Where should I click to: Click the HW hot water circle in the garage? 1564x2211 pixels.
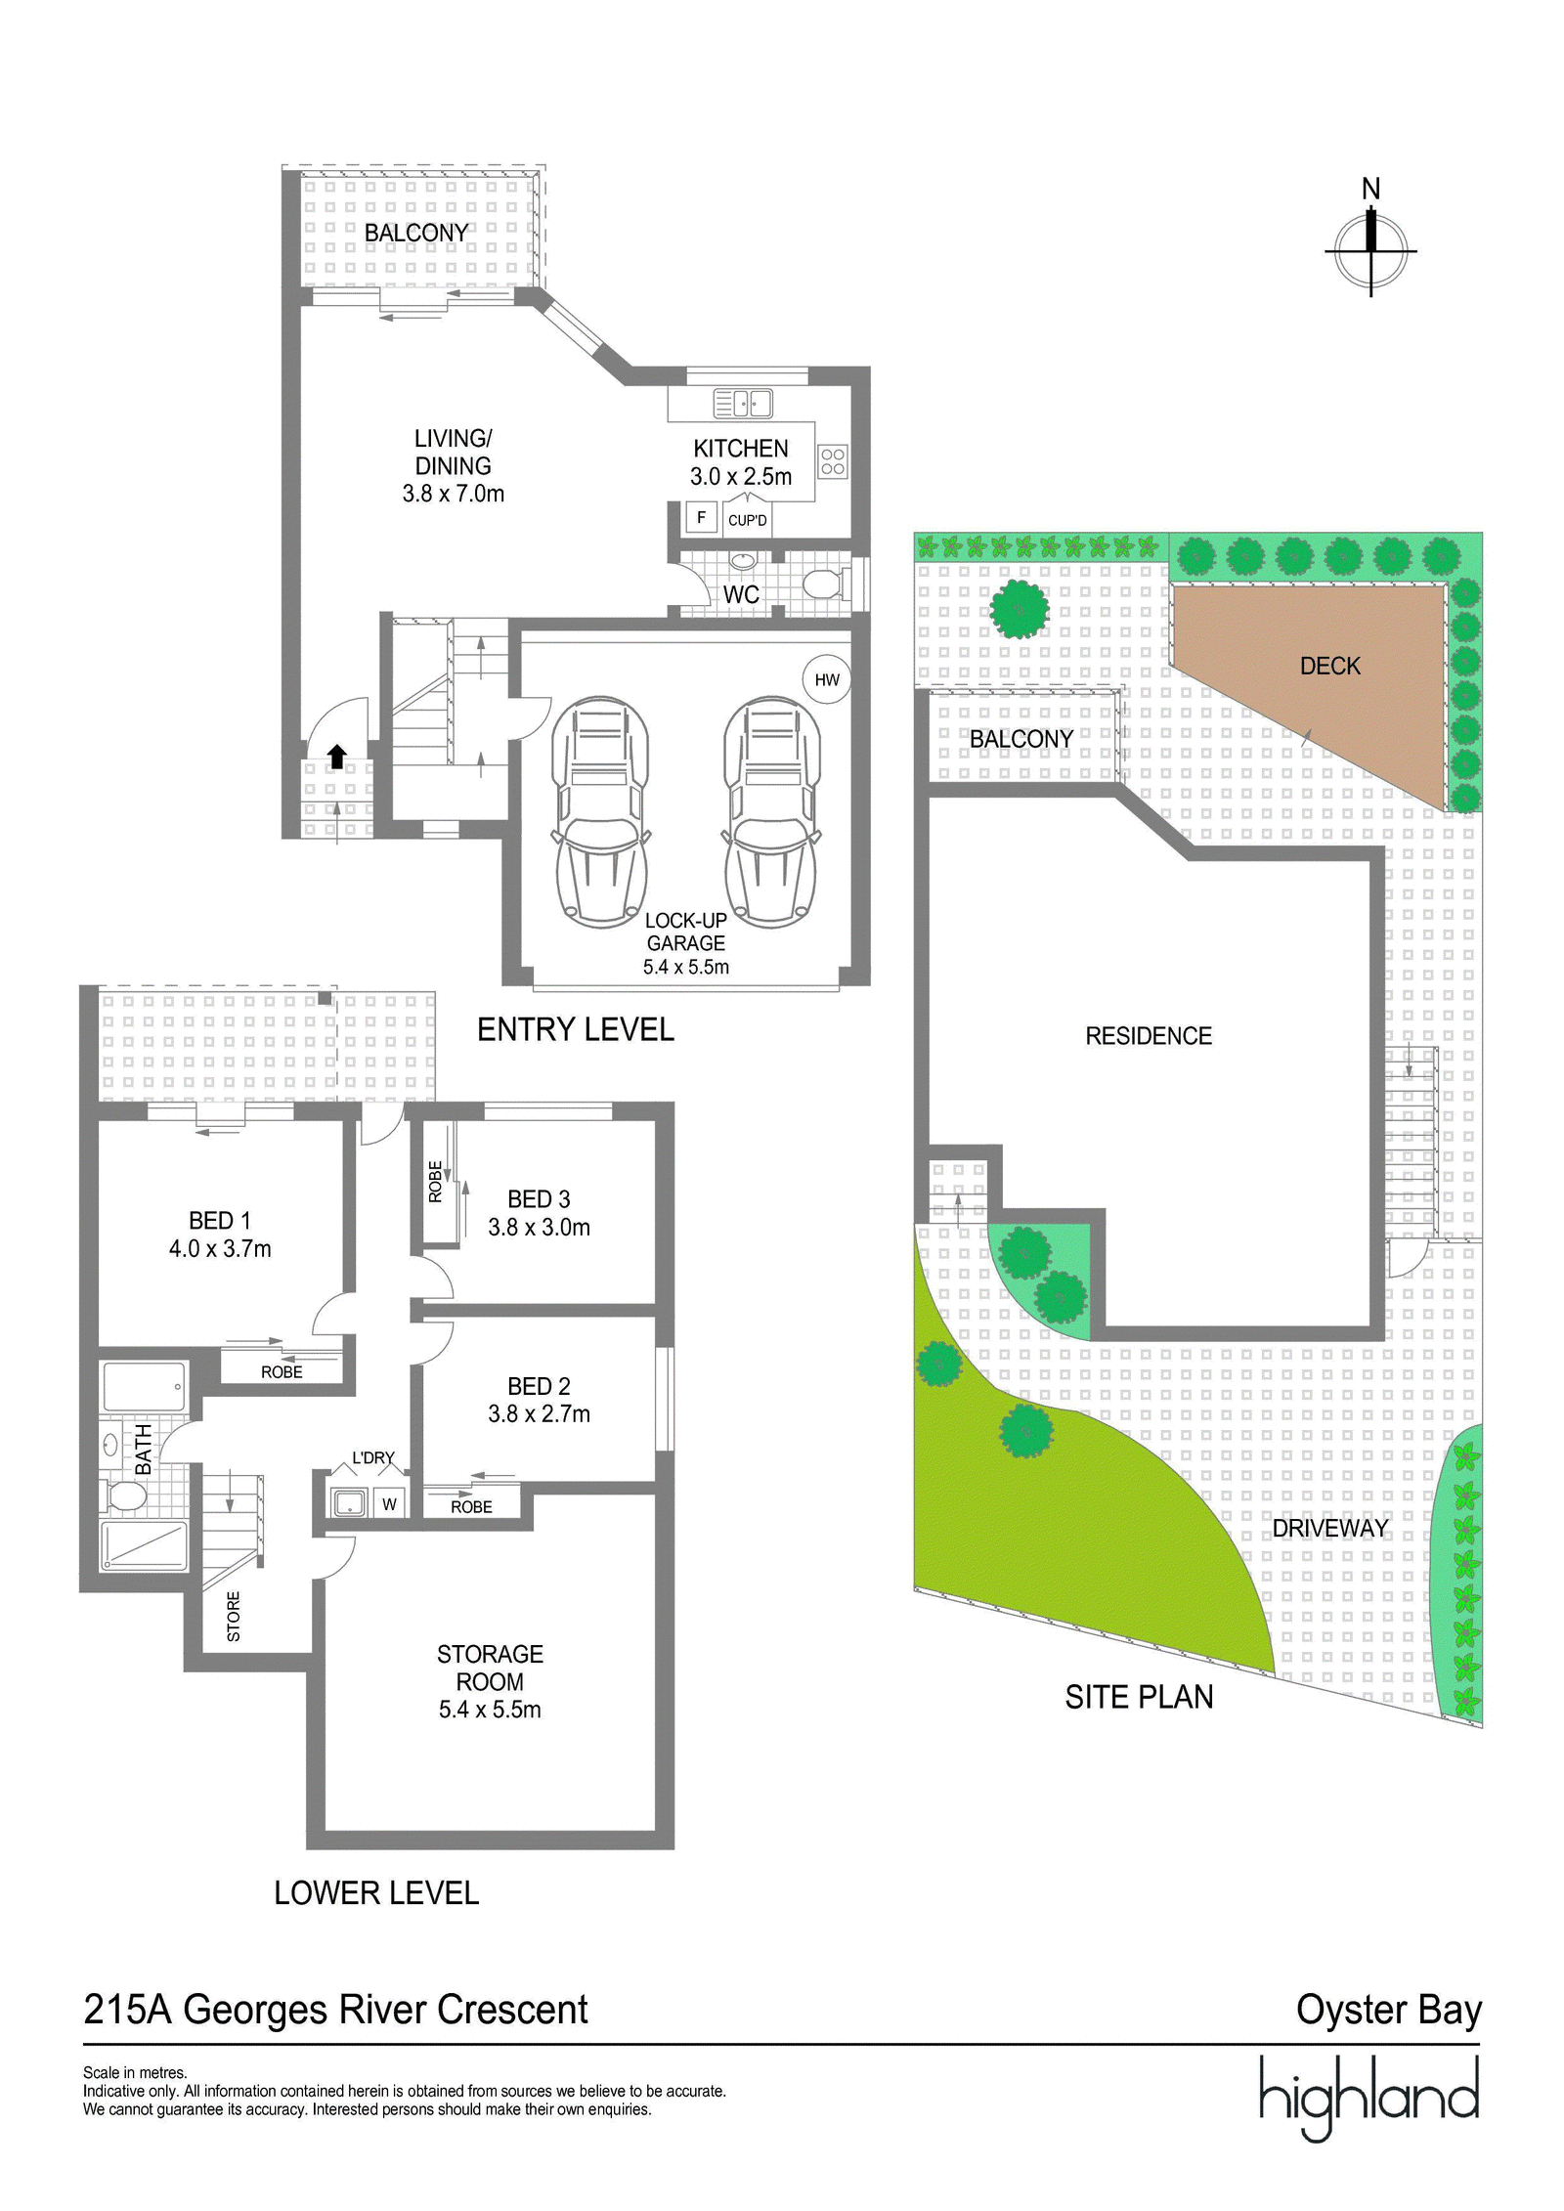(827, 679)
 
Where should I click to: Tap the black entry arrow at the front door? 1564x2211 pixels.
(336, 756)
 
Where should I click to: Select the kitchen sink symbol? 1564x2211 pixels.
(743, 403)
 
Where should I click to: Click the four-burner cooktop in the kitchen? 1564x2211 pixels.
(833, 461)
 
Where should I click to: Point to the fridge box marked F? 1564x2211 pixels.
(701, 517)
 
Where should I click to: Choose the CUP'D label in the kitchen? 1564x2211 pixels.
(748, 520)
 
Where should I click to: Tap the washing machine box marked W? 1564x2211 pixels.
(389, 1504)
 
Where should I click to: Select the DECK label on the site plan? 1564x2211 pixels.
(1329, 666)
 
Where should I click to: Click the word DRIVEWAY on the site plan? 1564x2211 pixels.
(1329, 1528)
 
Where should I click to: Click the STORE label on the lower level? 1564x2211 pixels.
(234, 1617)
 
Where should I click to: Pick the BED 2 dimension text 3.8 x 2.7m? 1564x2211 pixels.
(539, 1413)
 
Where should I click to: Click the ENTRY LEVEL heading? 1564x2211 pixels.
(576, 1029)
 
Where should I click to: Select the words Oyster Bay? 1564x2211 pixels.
(1389, 2010)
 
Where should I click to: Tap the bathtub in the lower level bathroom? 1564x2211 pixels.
(144, 1386)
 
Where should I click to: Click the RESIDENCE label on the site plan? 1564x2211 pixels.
(1149, 1036)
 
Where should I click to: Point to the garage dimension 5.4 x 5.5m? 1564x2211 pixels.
(686, 967)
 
